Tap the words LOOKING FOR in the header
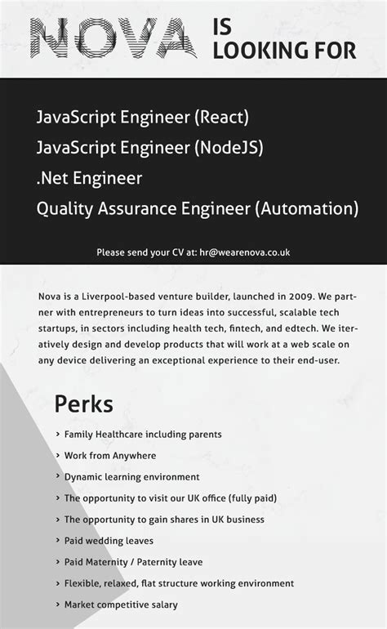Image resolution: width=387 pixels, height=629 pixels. (284, 51)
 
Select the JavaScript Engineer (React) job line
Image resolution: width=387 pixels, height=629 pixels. (142, 118)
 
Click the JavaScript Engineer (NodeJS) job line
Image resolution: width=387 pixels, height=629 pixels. (149, 148)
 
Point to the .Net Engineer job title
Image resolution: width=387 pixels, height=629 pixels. (89, 178)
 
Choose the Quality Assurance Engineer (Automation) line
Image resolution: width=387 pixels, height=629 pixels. (197, 208)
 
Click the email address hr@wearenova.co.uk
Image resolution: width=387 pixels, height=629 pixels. (245, 252)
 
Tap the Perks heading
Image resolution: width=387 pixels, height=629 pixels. (83, 404)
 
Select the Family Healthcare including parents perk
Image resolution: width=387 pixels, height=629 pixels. (143, 435)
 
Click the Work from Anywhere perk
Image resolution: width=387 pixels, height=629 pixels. (109, 456)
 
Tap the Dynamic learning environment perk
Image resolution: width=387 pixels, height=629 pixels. (131, 477)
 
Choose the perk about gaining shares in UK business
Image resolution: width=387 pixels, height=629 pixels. (164, 520)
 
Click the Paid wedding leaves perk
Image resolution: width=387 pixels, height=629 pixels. (109, 541)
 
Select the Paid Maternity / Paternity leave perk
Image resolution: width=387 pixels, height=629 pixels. (133, 562)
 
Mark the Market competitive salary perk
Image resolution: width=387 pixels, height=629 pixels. (121, 604)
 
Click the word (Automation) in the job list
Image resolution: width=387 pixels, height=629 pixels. (305, 208)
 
